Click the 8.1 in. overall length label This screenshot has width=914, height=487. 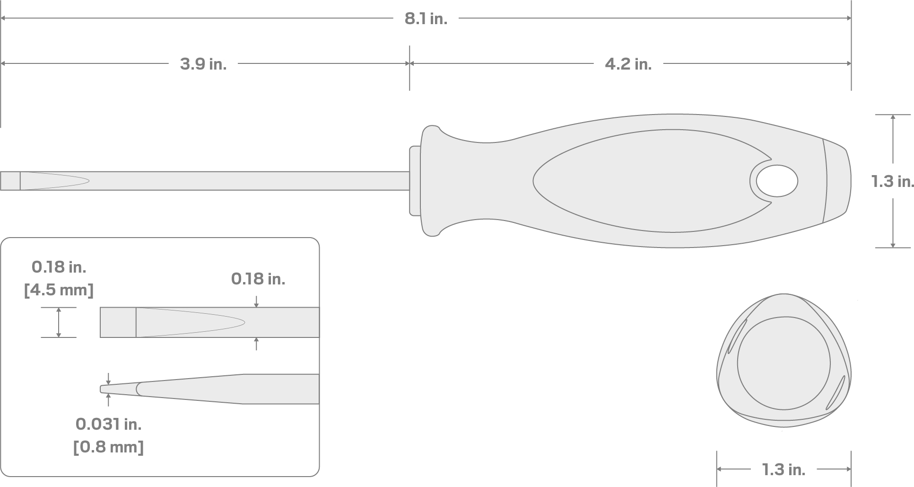pos(426,19)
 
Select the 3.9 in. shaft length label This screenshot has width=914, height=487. pos(203,64)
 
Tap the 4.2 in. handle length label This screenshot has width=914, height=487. pos(628,64)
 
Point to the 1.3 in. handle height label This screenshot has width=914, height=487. pos(892,181)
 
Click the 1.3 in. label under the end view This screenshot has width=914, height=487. pos(783,469)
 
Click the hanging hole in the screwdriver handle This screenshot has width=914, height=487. pos(776,181)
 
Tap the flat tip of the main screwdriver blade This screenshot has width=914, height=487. pos(10,181)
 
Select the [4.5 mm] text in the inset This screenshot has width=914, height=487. pos(59,290)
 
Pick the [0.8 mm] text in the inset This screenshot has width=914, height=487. pos(108,447)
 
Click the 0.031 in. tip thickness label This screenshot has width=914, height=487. pos(108,424)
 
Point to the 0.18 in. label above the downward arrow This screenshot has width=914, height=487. pos(258,279)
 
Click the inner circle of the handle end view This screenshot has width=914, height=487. pos(783,363)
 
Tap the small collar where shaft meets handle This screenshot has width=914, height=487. pos(415,181)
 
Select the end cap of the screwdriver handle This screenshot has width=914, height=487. pos(837,181)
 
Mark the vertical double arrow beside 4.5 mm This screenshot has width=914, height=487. pos(59,322)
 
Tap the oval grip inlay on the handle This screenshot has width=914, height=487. pos(638,181)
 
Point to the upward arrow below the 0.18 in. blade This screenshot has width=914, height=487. pos(256,344)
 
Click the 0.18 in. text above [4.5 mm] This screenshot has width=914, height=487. pos(59,267)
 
